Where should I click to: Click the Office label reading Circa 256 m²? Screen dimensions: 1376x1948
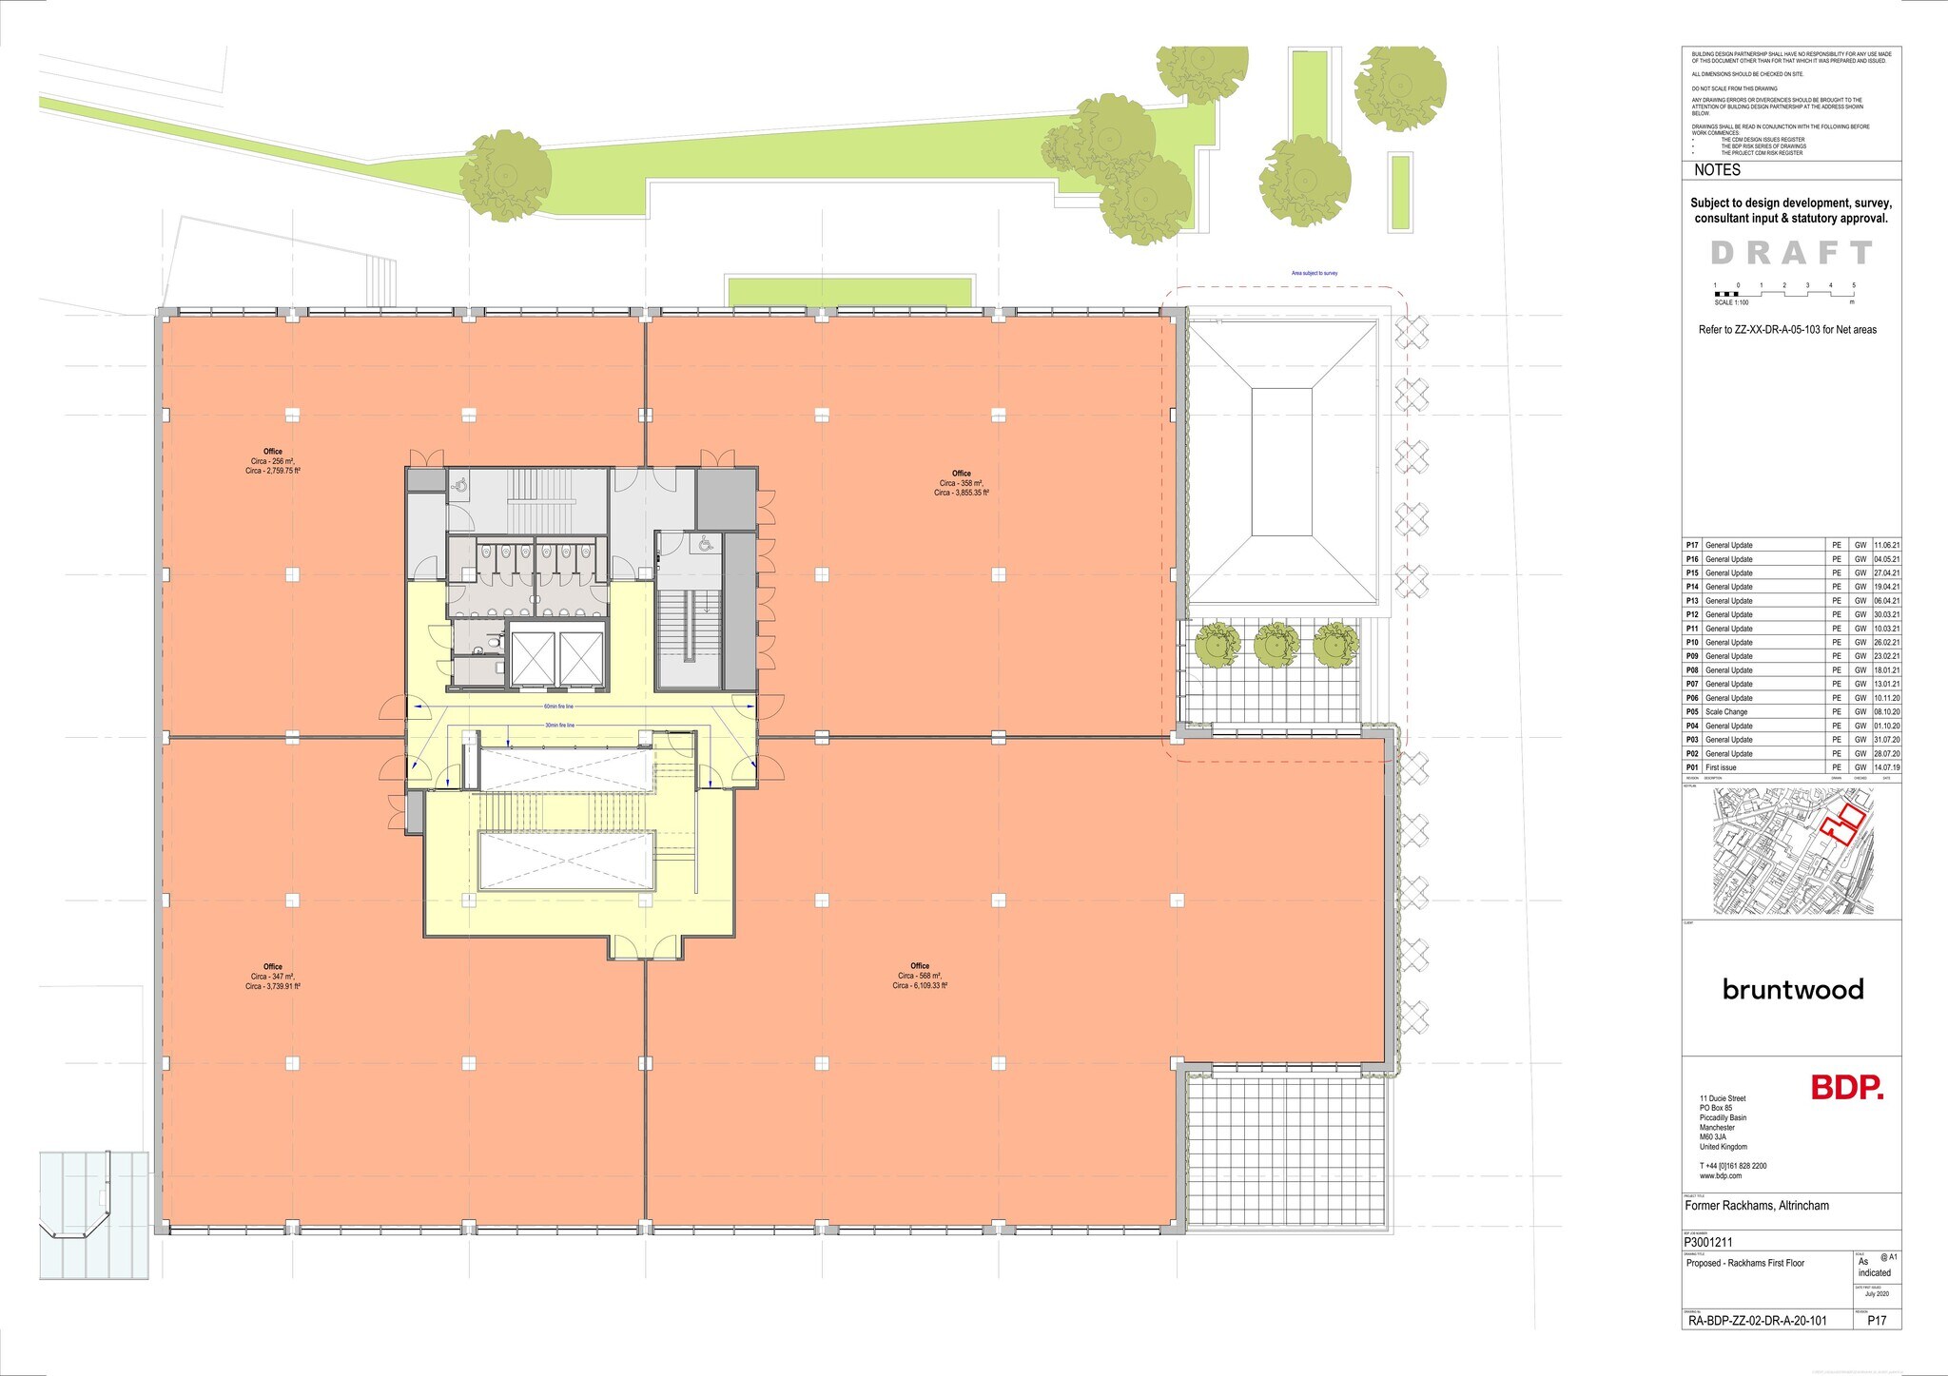tap(273, 461)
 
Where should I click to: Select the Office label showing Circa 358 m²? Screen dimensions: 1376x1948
tap(962, 483)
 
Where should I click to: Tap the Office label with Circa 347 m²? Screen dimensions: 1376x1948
tap(273, 977)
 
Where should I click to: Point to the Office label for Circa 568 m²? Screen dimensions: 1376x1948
tap(920, 976)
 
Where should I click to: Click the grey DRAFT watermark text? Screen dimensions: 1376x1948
tap(1791, 253)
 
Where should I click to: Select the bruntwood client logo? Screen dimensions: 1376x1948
tap(1792, 990)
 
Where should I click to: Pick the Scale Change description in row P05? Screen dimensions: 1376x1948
tap(1726, 712)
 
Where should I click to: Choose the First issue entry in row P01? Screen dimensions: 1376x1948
tap(1721, 767)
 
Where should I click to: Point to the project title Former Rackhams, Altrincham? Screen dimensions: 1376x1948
tap(1757, 1206)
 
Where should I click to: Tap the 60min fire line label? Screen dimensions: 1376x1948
tap(558, 707)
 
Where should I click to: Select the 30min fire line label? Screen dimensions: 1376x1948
tap(558, 725)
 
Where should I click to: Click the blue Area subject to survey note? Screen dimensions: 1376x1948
tap(1315, 273)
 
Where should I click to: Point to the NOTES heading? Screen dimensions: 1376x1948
tap(1717, 170)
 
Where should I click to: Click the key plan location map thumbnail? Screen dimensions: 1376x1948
tap(1791, 851)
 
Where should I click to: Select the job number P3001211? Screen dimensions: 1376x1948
tap(1709, 1241)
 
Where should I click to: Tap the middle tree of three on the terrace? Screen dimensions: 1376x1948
tap(1276, 645)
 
